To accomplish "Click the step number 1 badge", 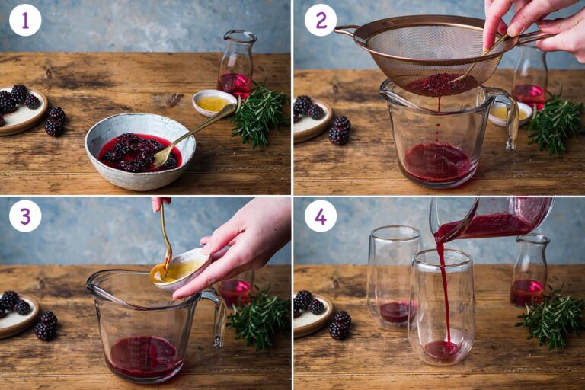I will [x=25, y=20].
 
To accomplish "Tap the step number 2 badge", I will [x=321, y=20].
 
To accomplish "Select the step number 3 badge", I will [x=25, y=216].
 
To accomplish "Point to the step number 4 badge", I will [x=321, y=216].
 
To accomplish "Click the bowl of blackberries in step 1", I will [x=139, y=150].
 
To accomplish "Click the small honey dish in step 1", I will [x=213, y=103].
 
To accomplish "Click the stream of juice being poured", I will [x=443, y=289].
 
